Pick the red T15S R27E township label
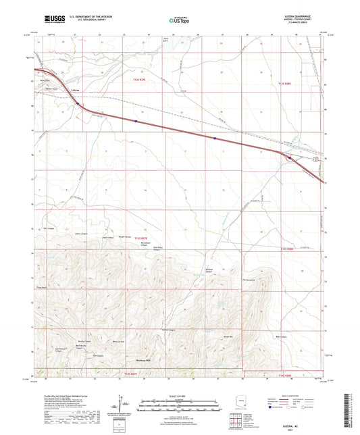click(132, 372)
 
